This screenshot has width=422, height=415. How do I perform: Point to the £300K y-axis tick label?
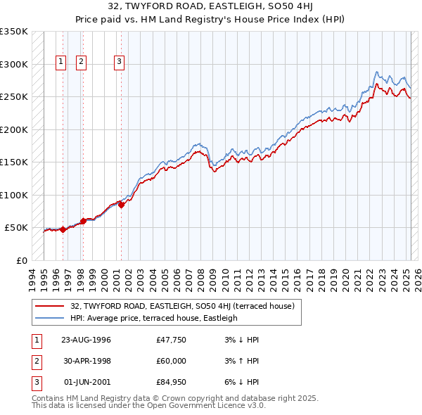pos(14,64)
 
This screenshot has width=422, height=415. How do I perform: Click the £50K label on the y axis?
pos(16,228)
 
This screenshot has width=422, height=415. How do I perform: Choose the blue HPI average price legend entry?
pos(153,318)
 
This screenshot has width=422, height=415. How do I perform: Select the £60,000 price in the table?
pos(172,361)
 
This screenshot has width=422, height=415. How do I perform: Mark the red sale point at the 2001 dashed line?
pos(121,205)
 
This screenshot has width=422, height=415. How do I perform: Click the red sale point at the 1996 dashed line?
pos(63,229)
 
